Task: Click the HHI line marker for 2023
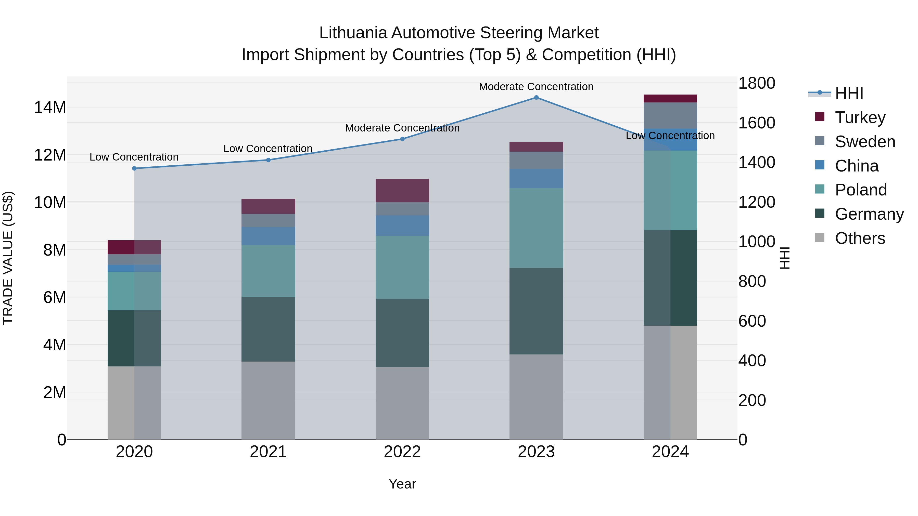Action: coord(536,98)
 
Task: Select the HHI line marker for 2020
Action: coord(134,168)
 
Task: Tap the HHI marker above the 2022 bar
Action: coord(402,139)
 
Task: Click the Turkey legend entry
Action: coord(860,117)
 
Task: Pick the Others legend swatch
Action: coord(820,237)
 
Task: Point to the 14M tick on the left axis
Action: coord(50,107)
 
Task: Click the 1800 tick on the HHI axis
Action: coord(756,83)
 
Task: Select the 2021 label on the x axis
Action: coord(268,452)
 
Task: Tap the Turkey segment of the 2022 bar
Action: coord(402,191)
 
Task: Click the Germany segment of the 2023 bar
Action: coord(536,311)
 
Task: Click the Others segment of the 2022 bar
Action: coord(402,403)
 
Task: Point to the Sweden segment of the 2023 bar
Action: coord(536,160)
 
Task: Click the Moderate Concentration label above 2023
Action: coord(536,87)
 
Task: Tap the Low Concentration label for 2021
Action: coord(268,149)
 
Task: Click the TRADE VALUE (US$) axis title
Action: coord(8,258)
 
